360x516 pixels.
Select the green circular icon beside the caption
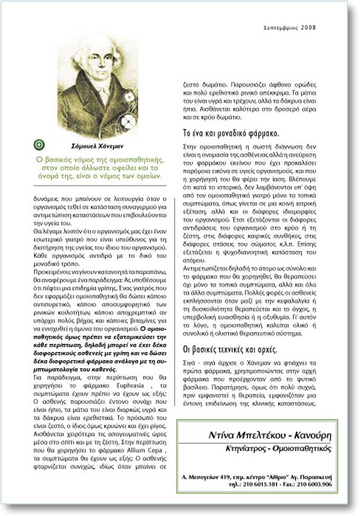40,144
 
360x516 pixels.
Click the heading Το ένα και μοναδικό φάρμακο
231,132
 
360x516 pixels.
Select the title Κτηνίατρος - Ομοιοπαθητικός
278,448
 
